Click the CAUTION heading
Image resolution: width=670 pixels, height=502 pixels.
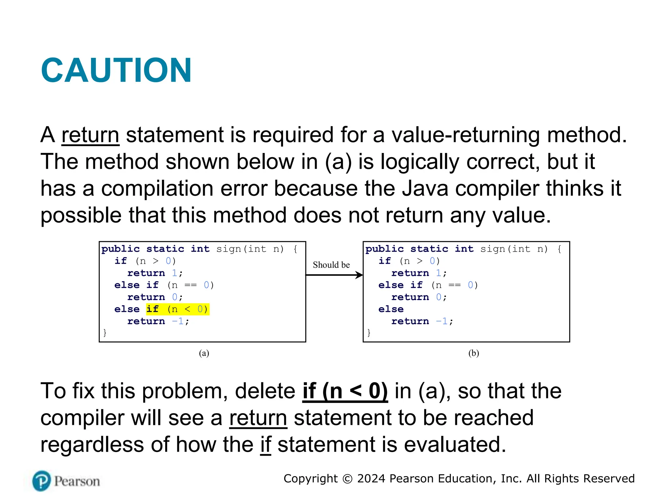(116, 70)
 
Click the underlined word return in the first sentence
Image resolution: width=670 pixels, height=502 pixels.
(90, 135)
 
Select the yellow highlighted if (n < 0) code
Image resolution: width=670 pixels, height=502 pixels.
(177, 309)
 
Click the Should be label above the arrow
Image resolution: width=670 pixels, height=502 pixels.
(331, 265)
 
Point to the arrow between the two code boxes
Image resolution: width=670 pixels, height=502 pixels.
(334, 275)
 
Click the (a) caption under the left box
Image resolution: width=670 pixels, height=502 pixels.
(204, 353)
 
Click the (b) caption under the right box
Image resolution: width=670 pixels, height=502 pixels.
(473, 353)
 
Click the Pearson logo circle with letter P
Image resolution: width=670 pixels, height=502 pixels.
(42, 481)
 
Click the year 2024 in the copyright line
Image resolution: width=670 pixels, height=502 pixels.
(371, 478)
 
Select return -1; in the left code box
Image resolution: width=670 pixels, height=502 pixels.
(158, 321)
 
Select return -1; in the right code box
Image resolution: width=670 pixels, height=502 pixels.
(422, 321)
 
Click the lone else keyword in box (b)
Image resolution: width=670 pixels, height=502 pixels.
(391, 309)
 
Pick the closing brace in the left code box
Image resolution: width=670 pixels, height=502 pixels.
(105, 333)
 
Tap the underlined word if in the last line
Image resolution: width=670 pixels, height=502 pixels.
(266, 445)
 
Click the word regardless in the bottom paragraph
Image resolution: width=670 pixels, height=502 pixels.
(92, 445)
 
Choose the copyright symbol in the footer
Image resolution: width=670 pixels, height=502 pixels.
(347, 479)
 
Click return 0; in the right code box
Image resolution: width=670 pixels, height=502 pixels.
(419, 297)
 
